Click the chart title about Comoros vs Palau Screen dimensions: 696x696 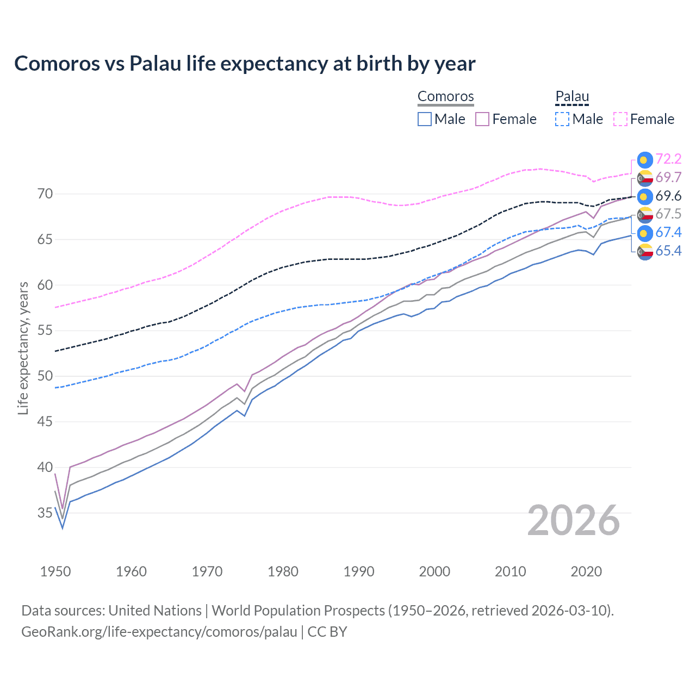(245, 64)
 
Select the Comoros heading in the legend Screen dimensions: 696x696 (445, 96)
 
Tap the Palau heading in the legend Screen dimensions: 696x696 (572, 96)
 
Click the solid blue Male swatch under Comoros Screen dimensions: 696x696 (425, 119)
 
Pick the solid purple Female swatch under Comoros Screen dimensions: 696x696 (482, 119)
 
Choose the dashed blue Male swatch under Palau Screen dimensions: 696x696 (562, 119)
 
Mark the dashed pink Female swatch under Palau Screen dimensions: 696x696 (620, 119)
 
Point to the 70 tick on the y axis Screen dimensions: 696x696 (45, 194)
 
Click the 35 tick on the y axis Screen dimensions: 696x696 (45, 513)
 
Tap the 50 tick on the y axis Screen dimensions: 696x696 (45, 376)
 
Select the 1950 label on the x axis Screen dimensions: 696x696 (55, 571)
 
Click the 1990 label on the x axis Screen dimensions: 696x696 (359, 571)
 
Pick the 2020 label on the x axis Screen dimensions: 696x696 (586, 571)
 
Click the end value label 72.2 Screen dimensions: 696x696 (668, 159)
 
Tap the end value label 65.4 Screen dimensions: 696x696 (668, 251)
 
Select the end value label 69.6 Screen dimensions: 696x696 (668, 196)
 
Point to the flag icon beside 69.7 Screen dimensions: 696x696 (645, 178)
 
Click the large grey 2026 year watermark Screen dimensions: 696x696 (574, 520)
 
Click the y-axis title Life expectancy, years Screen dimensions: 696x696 (23, 348)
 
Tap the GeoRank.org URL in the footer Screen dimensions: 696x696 (159, 632)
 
